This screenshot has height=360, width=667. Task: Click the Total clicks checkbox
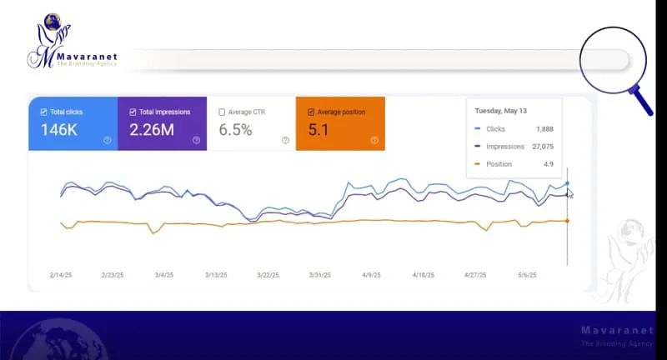coord(44,112)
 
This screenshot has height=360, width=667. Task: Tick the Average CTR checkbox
coord(222,112)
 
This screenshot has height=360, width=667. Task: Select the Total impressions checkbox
coord(133,112)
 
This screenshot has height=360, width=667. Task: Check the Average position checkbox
coord(311,112)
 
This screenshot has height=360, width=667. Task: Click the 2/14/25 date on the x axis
coord(61,274)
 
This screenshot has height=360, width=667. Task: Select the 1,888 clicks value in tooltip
coord(541,129)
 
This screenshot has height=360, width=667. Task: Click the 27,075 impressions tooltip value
coord(539,147)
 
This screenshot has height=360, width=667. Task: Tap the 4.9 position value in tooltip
coord(547,164)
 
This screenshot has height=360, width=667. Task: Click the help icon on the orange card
coord(374,140)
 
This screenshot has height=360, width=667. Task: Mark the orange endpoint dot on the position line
coord(567,221)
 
